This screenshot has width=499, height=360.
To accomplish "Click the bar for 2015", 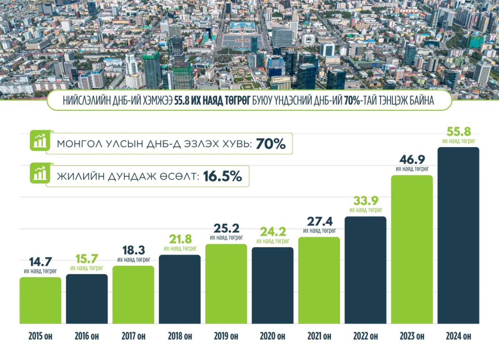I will (x=40, y=300).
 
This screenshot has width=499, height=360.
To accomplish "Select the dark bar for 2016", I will (x=87, y=299).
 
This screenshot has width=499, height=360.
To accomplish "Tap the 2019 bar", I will (x=226, y=284).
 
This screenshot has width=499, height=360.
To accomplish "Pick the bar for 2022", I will (x=366, y=270).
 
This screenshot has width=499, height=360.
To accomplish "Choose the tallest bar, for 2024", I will (x=458, y=235).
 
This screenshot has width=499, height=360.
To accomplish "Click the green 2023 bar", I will (x=412, y=249).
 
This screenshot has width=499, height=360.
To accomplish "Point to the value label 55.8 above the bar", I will (x=458, y=132).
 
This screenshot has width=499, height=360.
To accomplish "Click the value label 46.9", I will (x=412, y=160).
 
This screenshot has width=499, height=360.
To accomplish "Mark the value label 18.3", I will (x=133, y=250).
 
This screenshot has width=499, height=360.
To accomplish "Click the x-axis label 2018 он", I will (x=180, y=336).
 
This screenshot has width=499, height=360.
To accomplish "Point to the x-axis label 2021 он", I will (x=319, y=336).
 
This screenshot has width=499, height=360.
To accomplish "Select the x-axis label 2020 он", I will (x=272, y=336).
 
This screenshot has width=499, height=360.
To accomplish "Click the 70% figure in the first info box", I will (x=271, y=144).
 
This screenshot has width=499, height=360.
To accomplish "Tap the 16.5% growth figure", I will (x=222, y=177).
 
